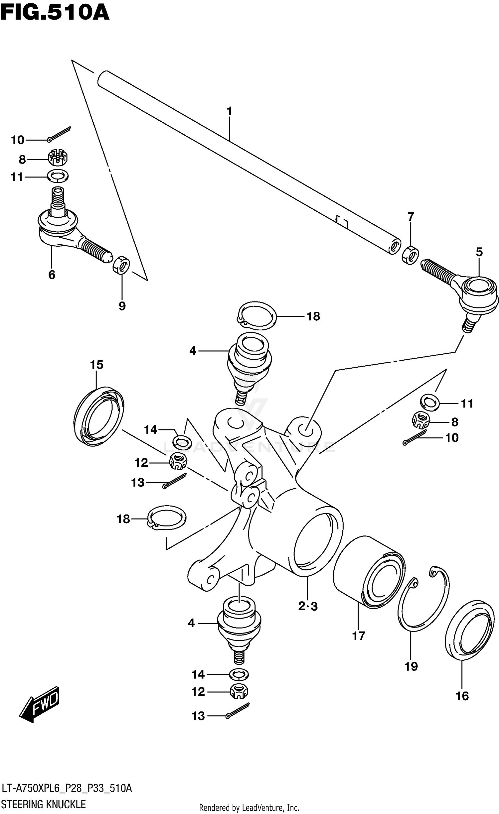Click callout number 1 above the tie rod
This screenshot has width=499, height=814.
(x=229, y=111)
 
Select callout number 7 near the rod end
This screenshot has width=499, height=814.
(x=411, y=217)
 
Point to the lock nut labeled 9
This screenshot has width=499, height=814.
(x=121, y=264)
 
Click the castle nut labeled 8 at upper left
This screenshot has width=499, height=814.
(x=58, y=158)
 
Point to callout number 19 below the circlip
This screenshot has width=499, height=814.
(x=411, y=666)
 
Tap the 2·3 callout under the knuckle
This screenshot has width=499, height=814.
(x=308, y=606)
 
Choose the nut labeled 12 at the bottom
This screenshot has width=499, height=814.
(x=239, y=692)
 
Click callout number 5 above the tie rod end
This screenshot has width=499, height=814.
(x=479, y=252)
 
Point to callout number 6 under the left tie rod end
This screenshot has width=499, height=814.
(x=52, y=275)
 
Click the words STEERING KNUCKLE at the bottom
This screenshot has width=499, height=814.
(x=44, y=804)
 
